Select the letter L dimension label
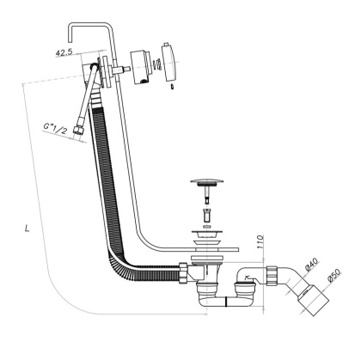(29, 229)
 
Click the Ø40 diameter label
(310, 260)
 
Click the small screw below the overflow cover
(174, 87)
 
